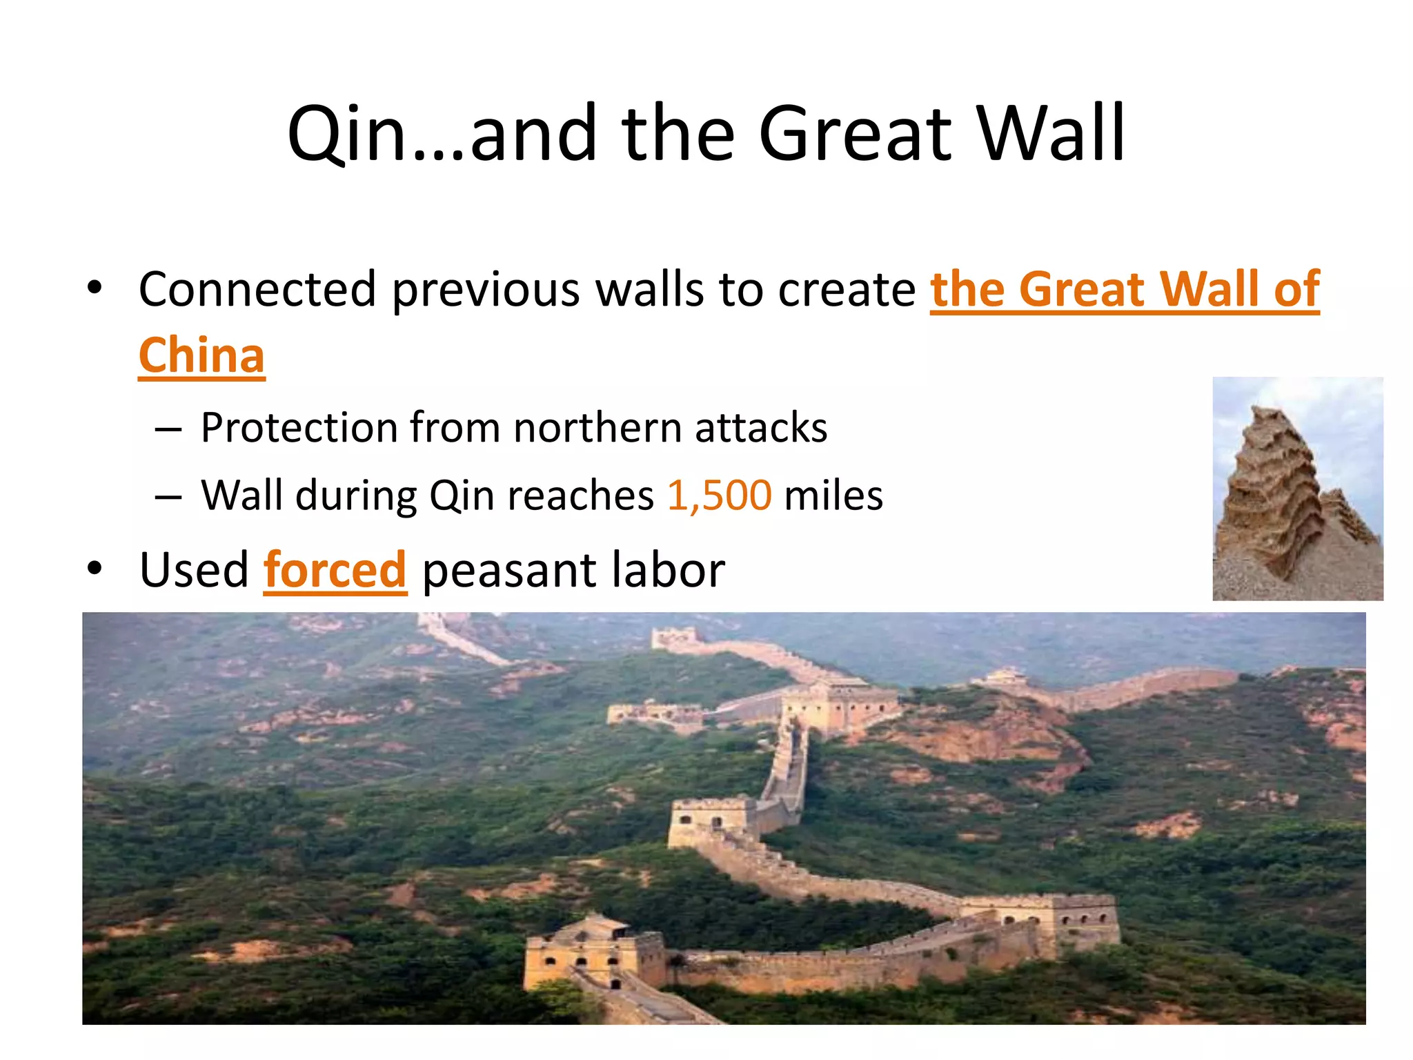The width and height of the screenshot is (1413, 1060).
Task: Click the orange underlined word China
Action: [201, 355]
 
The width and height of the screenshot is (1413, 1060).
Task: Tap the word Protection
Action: [298, 428]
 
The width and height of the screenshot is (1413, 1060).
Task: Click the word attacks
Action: [760, 428]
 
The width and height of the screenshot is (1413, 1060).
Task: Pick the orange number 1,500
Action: [719, 495]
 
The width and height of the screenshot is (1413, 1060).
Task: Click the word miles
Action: [833, 495]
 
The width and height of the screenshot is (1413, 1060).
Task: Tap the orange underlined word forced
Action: [335, 571]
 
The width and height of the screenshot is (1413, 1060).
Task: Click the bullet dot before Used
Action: [95, 569]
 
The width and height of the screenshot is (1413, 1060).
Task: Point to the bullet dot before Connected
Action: [95, 287]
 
